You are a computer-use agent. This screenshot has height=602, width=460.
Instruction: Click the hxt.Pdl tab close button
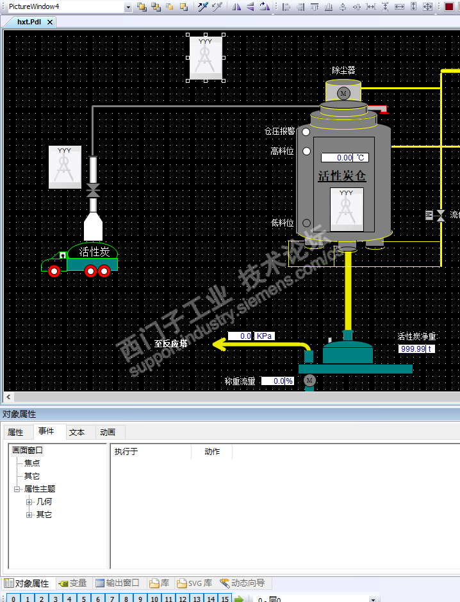50,22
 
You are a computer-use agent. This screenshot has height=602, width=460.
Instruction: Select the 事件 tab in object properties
46,432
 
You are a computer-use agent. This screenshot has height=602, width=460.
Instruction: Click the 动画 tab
108,433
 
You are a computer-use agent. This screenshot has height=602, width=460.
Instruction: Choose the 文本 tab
77,433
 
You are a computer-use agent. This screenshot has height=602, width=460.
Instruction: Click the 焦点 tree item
32,463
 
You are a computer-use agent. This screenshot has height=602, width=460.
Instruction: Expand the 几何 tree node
29,502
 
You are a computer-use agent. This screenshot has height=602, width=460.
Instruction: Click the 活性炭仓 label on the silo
342,176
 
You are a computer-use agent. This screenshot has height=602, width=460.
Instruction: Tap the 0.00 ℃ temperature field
345,157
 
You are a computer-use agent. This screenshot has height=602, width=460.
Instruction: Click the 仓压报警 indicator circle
306,132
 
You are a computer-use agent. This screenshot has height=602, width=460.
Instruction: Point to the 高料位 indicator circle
306,151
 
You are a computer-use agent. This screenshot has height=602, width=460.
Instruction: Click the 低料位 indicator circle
306,223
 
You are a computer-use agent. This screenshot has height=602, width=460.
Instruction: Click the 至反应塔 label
171,343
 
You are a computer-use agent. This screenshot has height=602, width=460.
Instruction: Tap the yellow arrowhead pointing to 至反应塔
219,346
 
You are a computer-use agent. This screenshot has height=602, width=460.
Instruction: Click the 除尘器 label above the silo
343,71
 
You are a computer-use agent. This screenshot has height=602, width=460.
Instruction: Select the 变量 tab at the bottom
72,583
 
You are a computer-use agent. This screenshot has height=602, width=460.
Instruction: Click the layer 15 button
224,599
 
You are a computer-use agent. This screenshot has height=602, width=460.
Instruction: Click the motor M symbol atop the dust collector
343,94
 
